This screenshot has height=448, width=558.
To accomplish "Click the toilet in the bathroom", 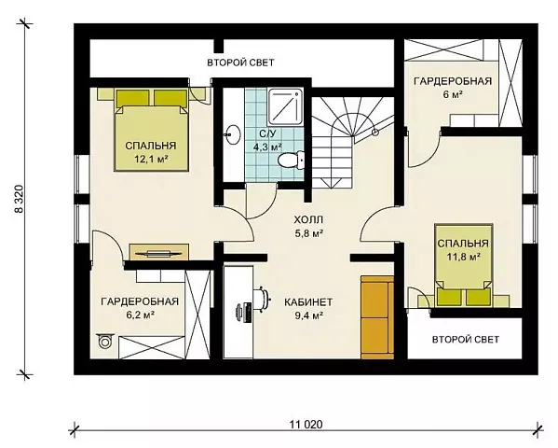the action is point(291,160).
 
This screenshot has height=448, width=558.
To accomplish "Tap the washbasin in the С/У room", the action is point(232,134).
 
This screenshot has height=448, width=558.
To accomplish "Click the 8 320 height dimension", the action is point(20,199).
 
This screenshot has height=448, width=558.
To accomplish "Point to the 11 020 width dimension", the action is point(306,425).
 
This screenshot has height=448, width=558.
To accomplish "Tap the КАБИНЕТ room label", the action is point(308,302).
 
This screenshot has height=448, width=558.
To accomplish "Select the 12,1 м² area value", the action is point(151,159).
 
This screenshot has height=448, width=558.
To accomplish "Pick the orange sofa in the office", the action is point(377,317).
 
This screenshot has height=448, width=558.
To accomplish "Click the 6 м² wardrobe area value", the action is point(453,94).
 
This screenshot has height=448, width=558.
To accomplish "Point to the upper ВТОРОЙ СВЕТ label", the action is point(240,63).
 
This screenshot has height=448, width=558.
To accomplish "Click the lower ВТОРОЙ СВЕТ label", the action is point(466,339).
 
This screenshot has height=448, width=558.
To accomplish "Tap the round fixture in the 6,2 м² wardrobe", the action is point(105,342).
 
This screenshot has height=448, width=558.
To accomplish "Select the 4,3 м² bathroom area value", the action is point(267,147).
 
